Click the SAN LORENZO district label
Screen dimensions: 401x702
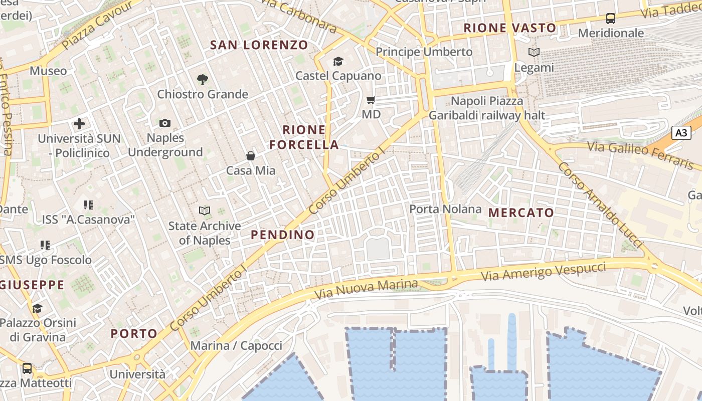[x=259, y=45]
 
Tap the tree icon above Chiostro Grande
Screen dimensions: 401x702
[x=203, y=79]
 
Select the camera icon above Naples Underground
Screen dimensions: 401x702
[x=164, y=123]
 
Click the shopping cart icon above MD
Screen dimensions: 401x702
[x=371, y=100]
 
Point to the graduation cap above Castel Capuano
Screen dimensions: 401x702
[x=338, y=61]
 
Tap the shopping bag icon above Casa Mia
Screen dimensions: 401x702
[x=251, y=156]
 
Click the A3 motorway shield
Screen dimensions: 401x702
[x=681, y=133]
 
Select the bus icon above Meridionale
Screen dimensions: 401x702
[x=610, y=19]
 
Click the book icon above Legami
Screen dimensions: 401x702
[x=534, y=52]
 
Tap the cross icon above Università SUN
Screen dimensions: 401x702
[x=79, y=123]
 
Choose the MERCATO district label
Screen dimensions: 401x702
[x=521, y=213]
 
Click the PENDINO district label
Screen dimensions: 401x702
[x=283, y=235]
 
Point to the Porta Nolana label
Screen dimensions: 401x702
[x=445, y=209]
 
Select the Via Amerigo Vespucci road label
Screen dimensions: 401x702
[x=544, y=271]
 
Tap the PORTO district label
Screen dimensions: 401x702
[x=134, y=333]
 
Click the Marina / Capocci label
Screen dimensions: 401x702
[x=236, y=345]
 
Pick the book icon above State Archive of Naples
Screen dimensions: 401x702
[x=204, y=211]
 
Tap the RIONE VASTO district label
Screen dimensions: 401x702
[x=510, y=28]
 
